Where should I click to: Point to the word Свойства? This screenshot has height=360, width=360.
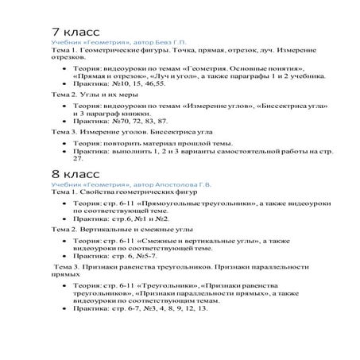[x=95, y=192]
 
